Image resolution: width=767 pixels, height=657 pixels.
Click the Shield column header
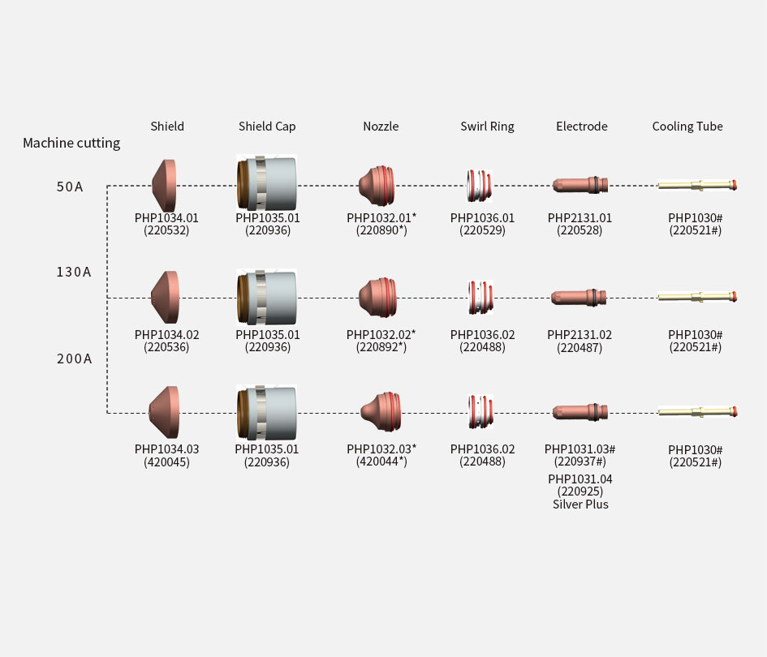[x=167, y=126]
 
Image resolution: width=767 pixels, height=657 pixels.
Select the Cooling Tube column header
[x=687, y=126]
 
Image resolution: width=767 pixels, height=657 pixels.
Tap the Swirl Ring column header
[x=487, y=127]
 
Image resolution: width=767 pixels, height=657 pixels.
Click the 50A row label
[x=70, y=187]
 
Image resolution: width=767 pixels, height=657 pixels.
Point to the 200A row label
[x=75, y=359]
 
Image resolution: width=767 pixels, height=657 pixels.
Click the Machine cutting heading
[x=71, y=144]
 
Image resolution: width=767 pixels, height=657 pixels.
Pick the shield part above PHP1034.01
[x=164, y=185]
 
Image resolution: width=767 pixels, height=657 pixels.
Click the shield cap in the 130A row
[x=266, y=297]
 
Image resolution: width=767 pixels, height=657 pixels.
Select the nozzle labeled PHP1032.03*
[x=381, y=411]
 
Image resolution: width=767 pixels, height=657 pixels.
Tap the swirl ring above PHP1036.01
[x=479, y=185]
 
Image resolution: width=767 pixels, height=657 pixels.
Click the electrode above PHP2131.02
[x=579, y=297]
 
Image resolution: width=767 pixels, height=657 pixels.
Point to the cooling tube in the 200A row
[x=697, y=412]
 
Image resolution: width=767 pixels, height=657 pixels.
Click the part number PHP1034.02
[x=167, y=335]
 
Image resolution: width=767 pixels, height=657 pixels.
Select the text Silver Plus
[x=580, y=505]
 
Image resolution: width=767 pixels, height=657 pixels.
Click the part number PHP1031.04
[x=580, y=479]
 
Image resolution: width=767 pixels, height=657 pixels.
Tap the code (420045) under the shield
[x=167, y=462]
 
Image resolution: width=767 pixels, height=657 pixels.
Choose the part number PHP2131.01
[x=580, y=218]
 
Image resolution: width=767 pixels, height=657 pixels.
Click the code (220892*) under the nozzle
[x=381, y=347]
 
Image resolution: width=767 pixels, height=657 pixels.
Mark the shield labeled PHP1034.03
[x=164, y=411]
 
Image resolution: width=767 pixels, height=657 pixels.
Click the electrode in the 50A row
[x=580, y=185]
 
